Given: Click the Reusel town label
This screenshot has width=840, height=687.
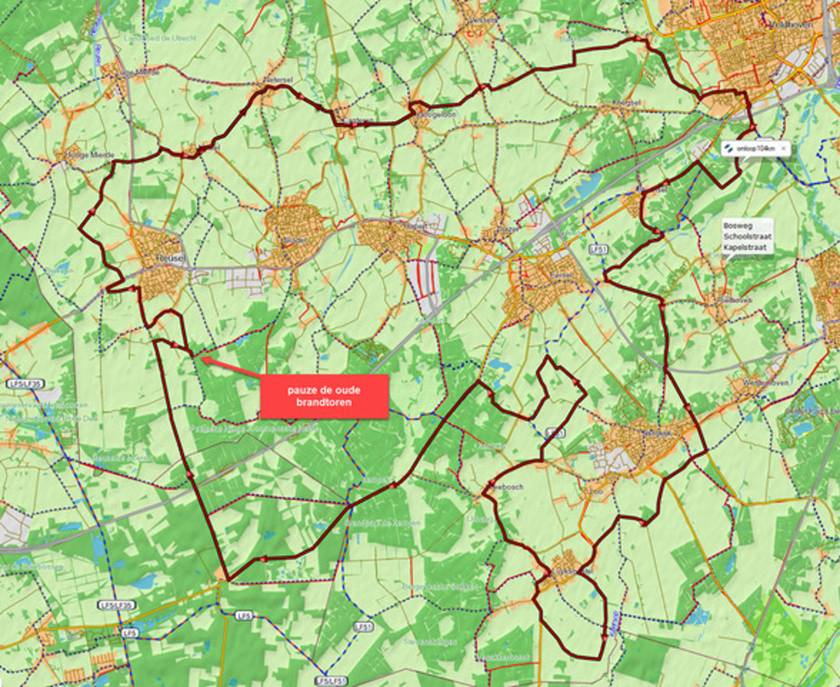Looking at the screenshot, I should [170, 258].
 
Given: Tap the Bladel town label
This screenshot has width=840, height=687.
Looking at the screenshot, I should [295, 240].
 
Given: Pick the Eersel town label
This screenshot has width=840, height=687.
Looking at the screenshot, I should [563, 275].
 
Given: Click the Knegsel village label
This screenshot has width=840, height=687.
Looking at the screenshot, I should [626, 102].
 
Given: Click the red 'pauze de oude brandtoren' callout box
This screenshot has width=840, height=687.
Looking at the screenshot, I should [324, 396].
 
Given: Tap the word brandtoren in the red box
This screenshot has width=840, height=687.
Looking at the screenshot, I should [324, 402].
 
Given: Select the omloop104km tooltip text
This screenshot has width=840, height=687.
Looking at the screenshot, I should [755, 148].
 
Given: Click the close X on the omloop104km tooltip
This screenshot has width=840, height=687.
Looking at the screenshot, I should [783, 148].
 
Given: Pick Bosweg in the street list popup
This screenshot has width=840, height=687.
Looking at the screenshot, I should [738, 226].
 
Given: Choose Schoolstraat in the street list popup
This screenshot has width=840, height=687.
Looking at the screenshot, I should [747, 237].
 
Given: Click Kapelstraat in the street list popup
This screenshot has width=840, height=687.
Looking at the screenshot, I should [745, 247].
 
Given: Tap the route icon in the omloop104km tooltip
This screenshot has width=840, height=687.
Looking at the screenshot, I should [729, 148].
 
